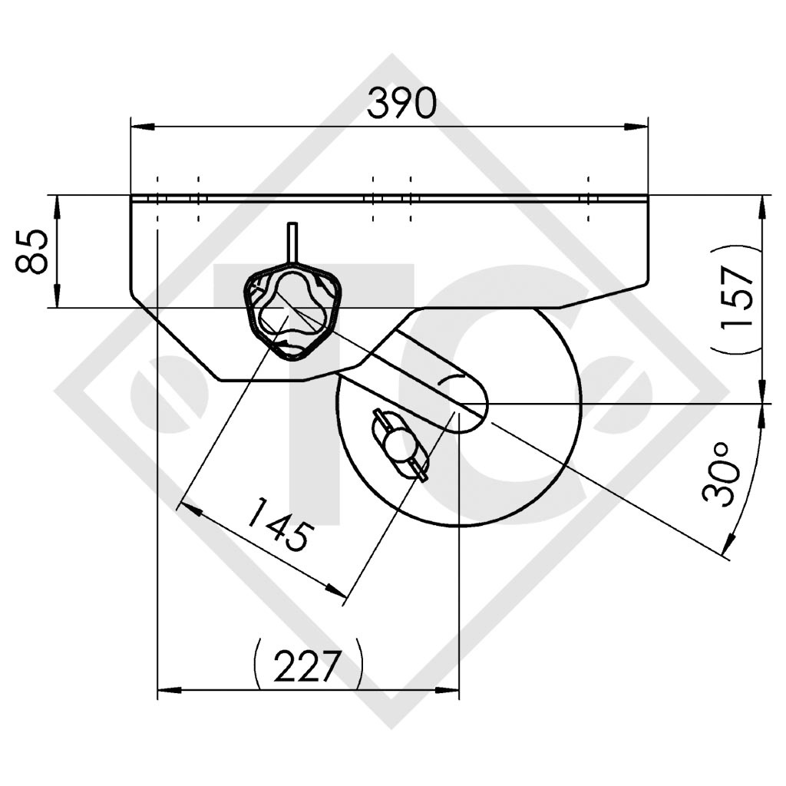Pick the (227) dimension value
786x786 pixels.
tap(307, 665)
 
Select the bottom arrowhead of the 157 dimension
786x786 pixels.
tap(762, 394)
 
